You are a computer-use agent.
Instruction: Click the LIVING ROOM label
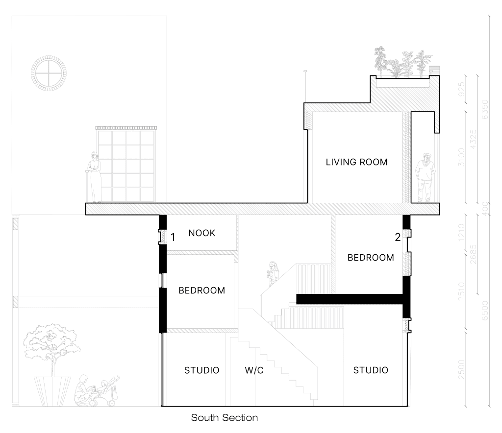(x=357, y=162)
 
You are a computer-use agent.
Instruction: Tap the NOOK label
(x=201, y=233)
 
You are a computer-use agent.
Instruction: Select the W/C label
(x=254, y=370)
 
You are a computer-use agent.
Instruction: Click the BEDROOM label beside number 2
(x=371, y=258)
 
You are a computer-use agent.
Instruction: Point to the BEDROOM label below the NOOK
(x=201, y=290)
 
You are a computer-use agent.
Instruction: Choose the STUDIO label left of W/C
(x=201, y=370)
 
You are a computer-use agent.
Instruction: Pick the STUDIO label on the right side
(x=371, y=370)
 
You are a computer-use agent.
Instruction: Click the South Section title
(x=225, y=418)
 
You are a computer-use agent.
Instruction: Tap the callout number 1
(x=173, y=237)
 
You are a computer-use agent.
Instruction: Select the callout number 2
(x=398, y=237)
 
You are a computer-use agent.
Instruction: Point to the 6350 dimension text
(x=485, y=109)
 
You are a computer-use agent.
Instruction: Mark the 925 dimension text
(x=461, y=89)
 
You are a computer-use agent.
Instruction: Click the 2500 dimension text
(x=461, y=369)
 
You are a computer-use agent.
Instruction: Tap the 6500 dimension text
(x=485, y=311)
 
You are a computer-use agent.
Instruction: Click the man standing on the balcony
(x=426, y=178)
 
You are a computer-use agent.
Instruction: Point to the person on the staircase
(x=273, y=274)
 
